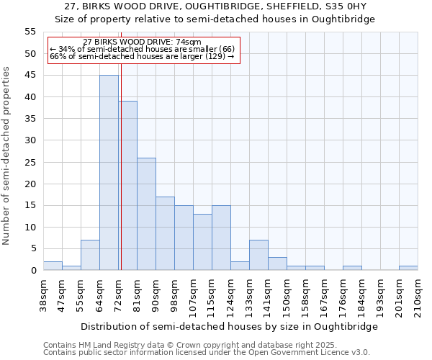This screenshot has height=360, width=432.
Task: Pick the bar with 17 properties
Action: pos(165,233)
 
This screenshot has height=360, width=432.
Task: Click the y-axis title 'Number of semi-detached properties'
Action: pos(7,156)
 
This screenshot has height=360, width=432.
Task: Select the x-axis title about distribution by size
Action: pos(229,326)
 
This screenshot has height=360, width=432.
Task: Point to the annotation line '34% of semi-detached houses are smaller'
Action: pos(142,49)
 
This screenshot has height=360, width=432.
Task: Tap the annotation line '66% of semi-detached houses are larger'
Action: pos(142,56)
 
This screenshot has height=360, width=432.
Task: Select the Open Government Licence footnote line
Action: pos(207,353)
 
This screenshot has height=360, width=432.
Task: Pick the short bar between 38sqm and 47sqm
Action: pos(53,266)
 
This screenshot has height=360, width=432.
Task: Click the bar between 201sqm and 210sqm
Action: pos(408,269)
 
